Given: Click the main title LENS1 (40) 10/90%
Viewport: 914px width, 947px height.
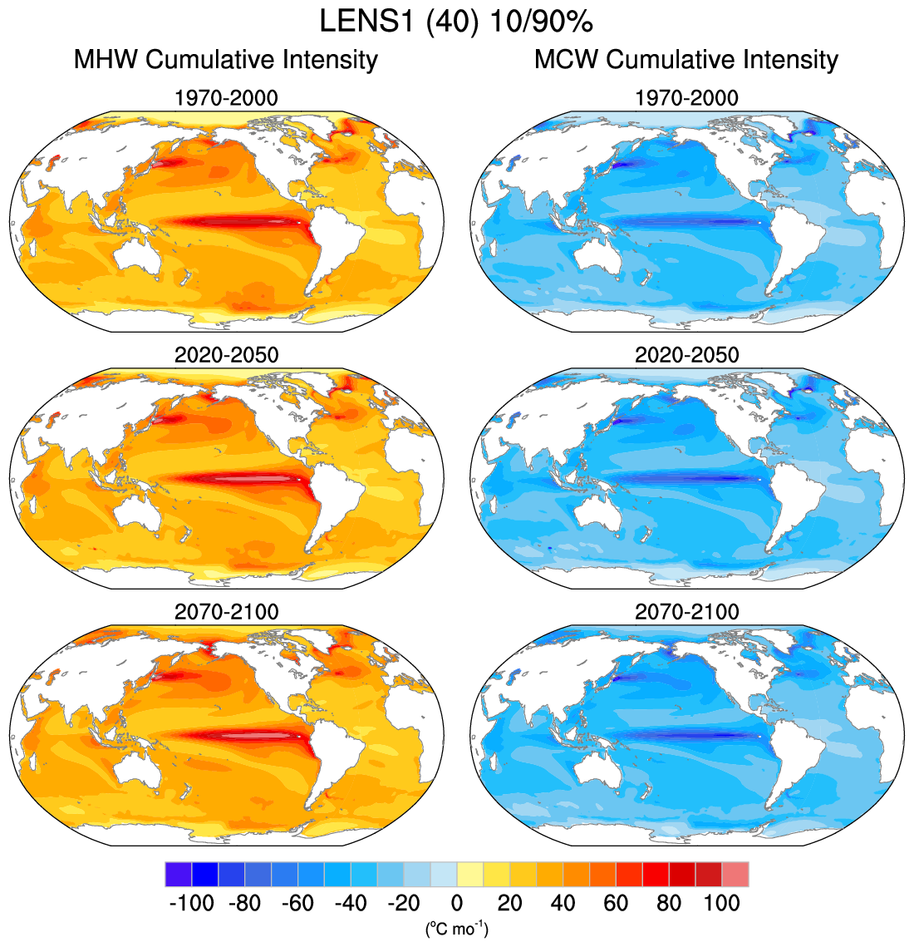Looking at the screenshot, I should (456, 20).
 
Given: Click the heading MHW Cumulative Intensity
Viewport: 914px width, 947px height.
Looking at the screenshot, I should (226, 60).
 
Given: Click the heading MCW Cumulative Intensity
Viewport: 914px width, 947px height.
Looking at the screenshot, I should (686, 60).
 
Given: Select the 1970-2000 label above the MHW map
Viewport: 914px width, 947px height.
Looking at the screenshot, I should (226, 98).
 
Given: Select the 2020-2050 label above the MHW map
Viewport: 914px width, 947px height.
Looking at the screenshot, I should (226, 355).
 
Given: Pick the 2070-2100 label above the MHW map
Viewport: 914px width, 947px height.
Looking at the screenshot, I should (226, 612).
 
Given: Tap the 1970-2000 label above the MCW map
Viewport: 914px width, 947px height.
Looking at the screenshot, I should (686, 98).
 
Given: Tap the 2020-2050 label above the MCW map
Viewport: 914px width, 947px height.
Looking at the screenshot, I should (686, 355).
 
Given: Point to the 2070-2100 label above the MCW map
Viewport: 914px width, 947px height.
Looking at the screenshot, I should (686, 612).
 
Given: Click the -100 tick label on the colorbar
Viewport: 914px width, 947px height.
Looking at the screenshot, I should (191, 904).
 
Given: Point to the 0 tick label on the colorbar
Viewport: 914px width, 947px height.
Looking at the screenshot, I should (456, 904).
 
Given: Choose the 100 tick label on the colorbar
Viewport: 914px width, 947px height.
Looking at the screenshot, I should (722, 904).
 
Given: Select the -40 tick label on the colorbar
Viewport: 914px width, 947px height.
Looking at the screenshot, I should (351, 904).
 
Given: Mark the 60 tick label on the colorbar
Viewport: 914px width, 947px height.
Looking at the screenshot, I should (616, 904).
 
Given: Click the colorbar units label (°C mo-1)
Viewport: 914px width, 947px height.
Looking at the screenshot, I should (456, 928).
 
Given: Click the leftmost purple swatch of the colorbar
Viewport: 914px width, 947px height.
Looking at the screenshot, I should (178, 875).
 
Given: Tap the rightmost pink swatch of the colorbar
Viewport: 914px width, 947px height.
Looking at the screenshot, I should (735, 875).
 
